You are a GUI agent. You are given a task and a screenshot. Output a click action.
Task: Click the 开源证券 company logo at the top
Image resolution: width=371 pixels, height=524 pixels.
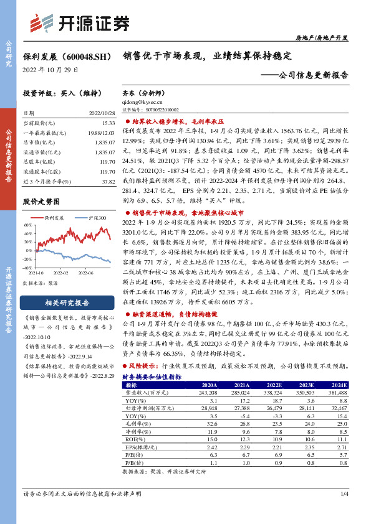81,24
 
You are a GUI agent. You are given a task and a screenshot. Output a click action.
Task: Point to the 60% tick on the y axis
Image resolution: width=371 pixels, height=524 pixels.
27,225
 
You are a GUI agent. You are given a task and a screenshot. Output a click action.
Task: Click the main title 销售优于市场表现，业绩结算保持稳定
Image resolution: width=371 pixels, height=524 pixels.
207,55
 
